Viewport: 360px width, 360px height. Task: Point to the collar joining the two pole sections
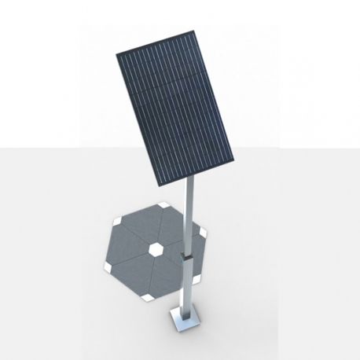point(187,255)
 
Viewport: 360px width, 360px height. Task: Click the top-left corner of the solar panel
point(116,54)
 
